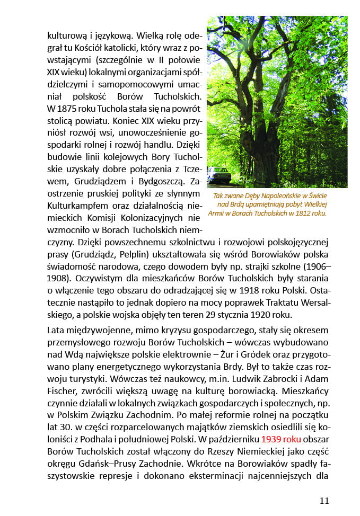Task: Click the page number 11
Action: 324,500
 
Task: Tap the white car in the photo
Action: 218,174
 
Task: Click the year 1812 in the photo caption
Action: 300,213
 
